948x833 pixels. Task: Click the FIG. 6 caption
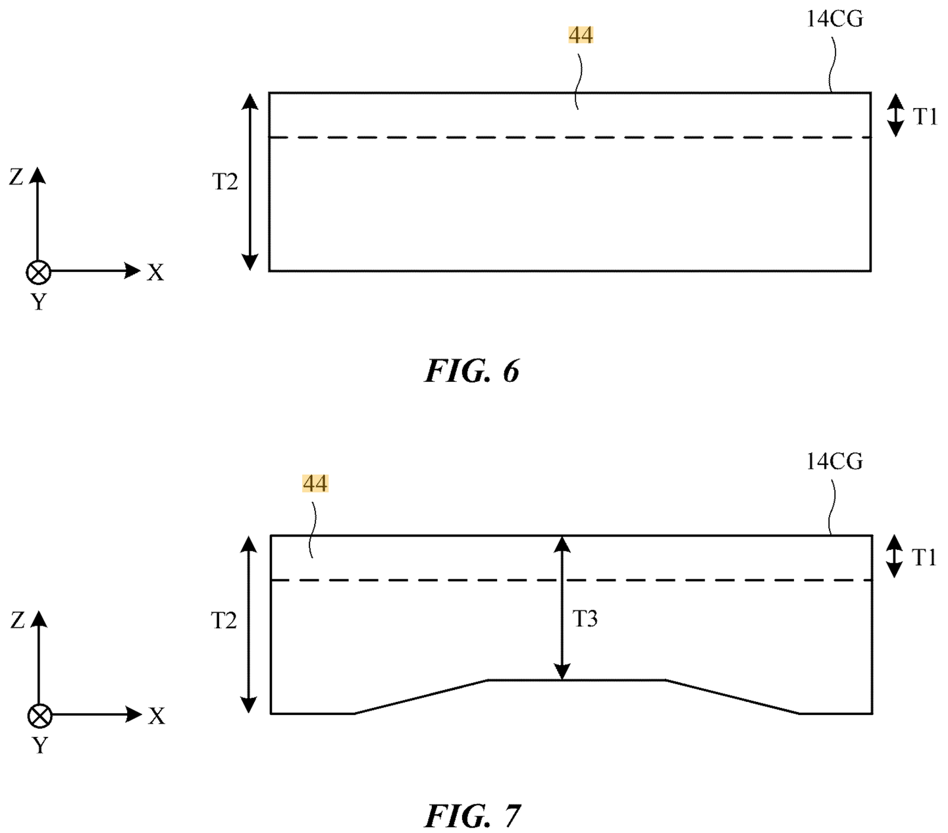[x=471, y=371]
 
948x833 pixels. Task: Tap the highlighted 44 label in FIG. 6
[x=581, y=35]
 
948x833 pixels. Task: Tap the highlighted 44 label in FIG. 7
[x=315, y=483]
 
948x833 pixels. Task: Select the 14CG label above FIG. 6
[x=834, y=19]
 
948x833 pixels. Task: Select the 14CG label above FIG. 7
[x=834, y=462]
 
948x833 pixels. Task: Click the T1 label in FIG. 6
[x=925, y=117]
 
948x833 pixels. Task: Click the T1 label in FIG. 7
[x=924, y=557]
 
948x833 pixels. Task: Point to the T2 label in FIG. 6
[x=225, y=182]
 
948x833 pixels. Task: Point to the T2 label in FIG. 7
[x=224, y=621]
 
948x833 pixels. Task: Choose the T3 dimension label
[x=585, y=619]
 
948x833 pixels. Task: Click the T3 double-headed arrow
[x=562, y=607]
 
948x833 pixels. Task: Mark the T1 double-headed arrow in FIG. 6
[x=896, y=115]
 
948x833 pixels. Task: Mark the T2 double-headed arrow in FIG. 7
[x=248, y=625]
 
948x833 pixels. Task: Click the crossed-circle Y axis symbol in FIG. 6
[x=38, y=272]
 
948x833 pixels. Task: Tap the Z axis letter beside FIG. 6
[x=16, y=177]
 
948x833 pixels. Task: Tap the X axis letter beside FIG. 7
[x=157, y=716]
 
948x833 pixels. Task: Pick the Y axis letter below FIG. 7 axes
[x=40, y=745]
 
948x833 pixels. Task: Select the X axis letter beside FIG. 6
[x=155, y=273]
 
